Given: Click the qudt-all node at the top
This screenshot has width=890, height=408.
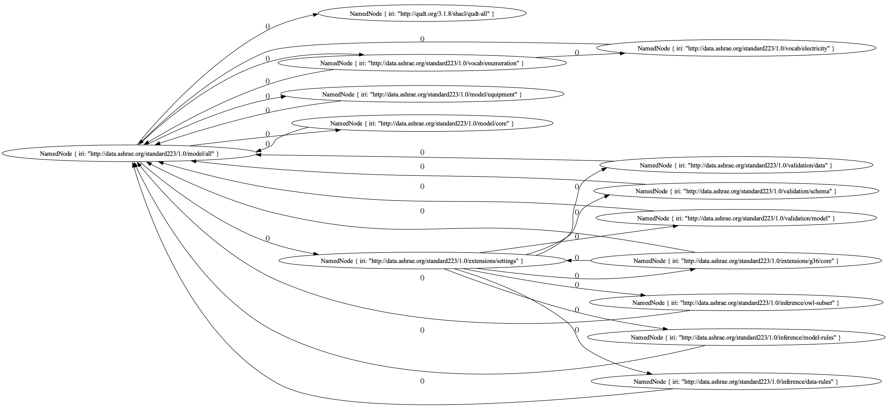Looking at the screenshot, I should tap(422, 14).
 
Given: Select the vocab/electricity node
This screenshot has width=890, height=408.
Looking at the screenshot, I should tap(736, 49).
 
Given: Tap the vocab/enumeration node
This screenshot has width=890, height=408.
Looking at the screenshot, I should tap(422, 63).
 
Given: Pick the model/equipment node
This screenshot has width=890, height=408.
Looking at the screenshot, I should tap(422, 94).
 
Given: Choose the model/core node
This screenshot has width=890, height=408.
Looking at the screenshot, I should tap(422, 123).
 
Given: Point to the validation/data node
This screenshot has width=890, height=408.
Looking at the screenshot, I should tap(736, 165).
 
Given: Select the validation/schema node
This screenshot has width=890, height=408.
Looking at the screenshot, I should tap(736, 191).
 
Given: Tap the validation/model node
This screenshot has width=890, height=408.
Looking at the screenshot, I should tap(736, 218).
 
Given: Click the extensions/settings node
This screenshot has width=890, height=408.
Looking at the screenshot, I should tap(422, 261).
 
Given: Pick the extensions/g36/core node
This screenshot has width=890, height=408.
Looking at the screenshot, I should tap(736, 261).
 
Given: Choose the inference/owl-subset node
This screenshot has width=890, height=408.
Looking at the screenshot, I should tap(736, 303).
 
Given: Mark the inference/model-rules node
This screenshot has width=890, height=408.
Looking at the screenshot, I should tap(736, 337).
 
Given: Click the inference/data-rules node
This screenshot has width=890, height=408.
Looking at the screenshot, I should tap(736, 382).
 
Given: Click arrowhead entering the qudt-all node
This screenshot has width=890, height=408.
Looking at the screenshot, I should tap(315, 15).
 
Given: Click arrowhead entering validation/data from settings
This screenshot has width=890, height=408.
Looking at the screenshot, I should tap(604, 169).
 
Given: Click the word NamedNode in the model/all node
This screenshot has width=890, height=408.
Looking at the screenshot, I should tap(55, 154).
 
